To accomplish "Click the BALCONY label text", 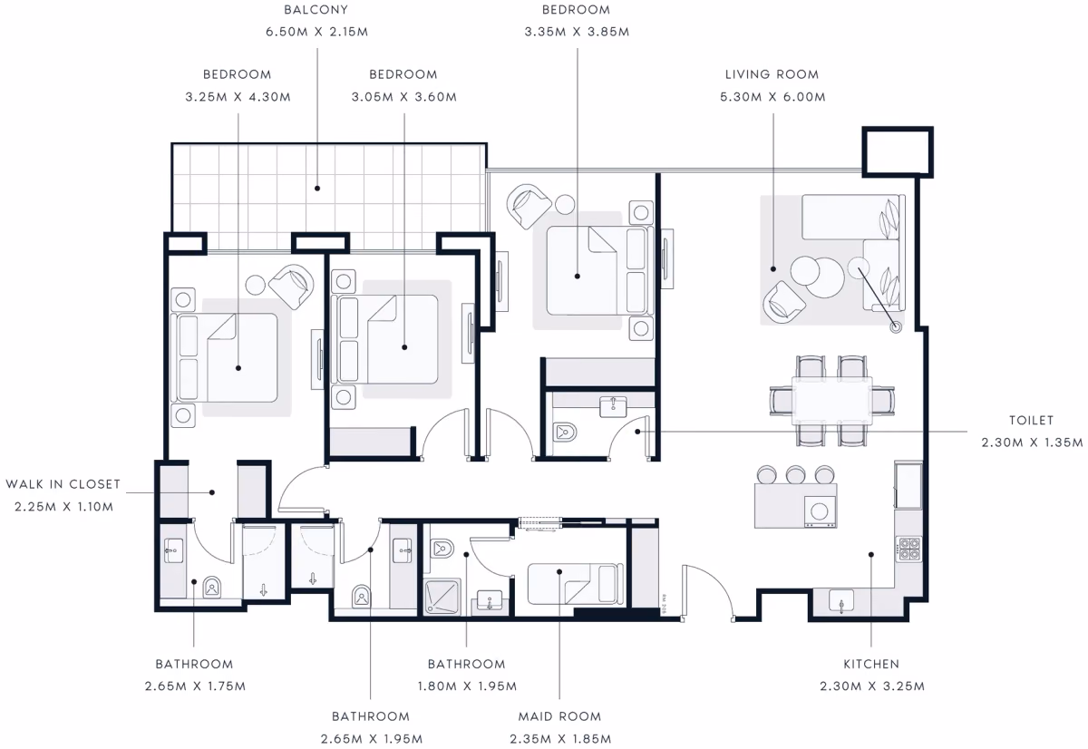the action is click(316, 10).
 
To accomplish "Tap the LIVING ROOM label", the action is click(772, 74).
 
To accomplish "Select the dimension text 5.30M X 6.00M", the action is click(772, 97).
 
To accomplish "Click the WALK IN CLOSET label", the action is click(63, 484).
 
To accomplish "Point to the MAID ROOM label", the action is click(559, 716).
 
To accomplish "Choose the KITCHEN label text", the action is click(871, 664).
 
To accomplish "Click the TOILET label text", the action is click(1031, 420).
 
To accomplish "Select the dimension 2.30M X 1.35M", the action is click(1032, 443).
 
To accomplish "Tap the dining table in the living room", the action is click(832, 400).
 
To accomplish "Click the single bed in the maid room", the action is click(576, 584).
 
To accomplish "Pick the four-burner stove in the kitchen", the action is click(908, 549).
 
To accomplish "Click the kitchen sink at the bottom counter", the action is click(841, 601).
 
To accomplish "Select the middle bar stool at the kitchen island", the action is click(796, 474).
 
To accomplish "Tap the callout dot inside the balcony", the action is click(317, 188).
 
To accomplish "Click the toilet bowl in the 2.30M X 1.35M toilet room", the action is click(565, 432).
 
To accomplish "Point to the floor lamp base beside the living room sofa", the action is click(896, 327).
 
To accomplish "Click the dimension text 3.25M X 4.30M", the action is click(238, 97).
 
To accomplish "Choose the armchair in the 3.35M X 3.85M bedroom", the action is click(528, 206).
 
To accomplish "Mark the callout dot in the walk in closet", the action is click(212, 492).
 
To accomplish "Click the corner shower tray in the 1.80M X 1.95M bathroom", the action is click(442, 597).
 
